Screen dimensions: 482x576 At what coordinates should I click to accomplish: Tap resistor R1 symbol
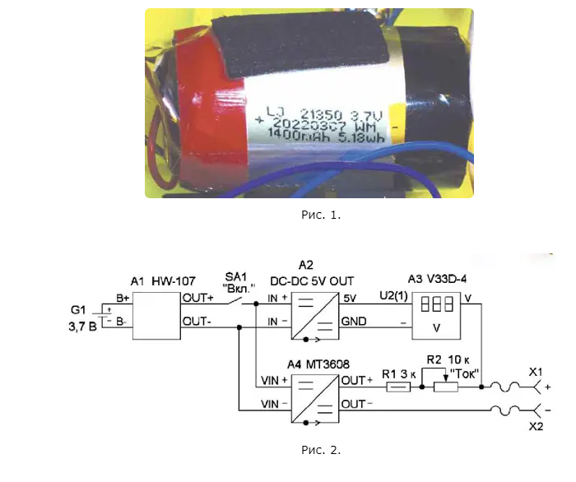pyautogui.click(x=400, y=385)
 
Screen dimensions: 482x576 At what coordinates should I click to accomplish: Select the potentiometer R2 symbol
pyautogui.click(x=445, y=385)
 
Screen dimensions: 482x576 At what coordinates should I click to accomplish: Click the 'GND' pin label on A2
pyautogui.click(x=355, y=322)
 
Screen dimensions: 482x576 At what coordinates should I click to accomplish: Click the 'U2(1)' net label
pyautogui.click(x=389, y=294)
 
